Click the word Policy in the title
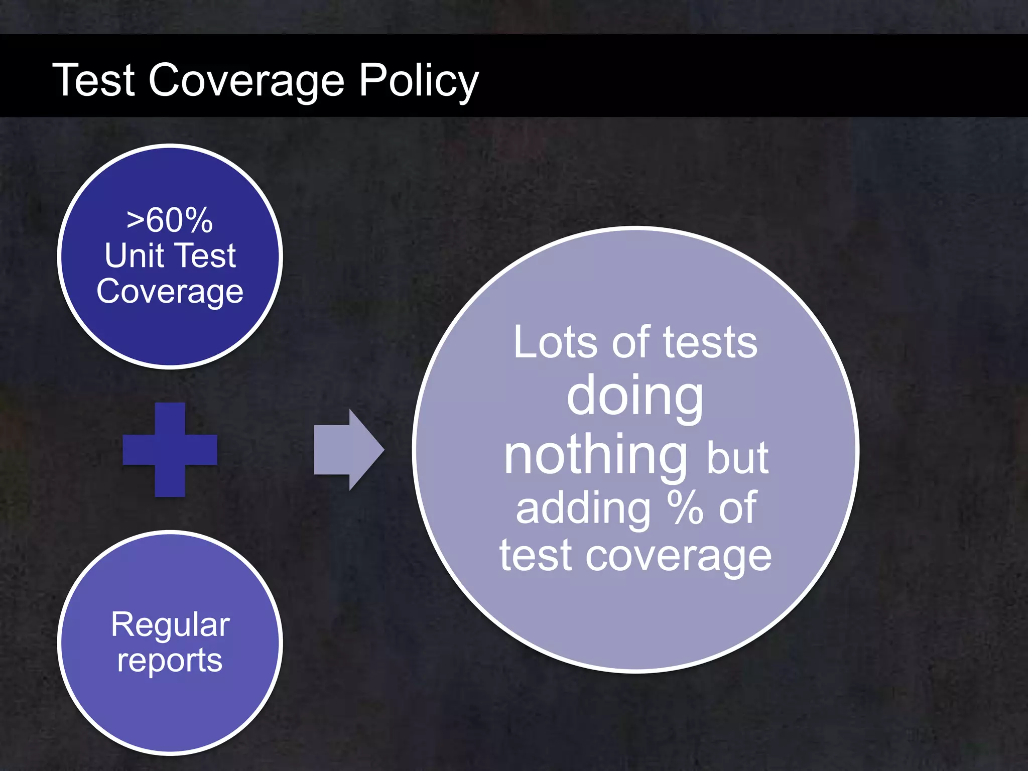pos(419,80)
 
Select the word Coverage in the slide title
pos(246,80)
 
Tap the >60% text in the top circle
pos(170,220)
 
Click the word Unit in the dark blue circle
pos(134,255)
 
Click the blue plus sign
pos(170,449)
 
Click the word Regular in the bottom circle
pos(170,625)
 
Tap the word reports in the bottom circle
pos(170,660)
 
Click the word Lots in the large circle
pos(555,343)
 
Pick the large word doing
pos(635,397)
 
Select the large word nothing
pos(596,455)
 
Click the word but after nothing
pos(737,458)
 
